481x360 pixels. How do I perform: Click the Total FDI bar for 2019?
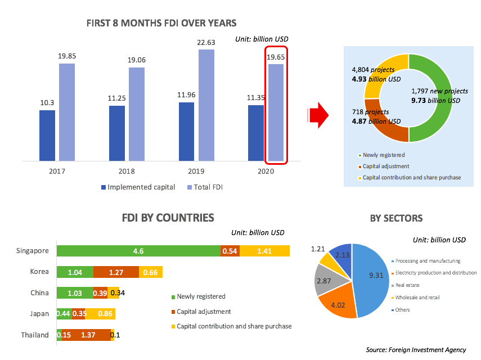(206, 105)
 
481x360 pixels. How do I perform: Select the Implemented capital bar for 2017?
(47, 136)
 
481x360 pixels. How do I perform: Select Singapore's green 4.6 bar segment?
(138, 251)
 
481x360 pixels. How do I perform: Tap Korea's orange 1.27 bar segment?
(116, 272)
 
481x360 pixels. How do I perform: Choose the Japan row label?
(39, 314)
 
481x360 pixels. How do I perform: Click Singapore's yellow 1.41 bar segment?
(264, 251)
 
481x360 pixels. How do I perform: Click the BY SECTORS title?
(396, 218)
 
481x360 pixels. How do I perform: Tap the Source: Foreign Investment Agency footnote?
(416, 350)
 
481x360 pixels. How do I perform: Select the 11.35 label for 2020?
(256, 97)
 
